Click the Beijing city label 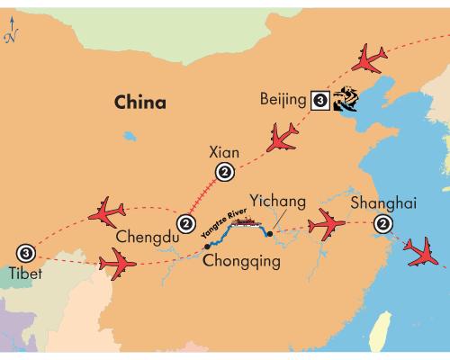click(283, 100)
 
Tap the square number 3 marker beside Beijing click(320, 100)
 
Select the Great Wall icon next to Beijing click(346, 99)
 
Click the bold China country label click(140, 102)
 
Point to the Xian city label click(224, 152)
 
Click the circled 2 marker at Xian click(225, 172)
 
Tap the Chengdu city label click(148, 237)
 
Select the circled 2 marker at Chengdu click(186, 224)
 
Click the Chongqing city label click(241, 261)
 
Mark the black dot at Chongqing click(207, 247)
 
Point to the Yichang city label click(278, 202)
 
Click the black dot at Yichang click(270, 234)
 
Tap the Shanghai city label click(383, 203)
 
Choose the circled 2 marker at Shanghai click(383, 223)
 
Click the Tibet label click(25, 274)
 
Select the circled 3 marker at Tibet click(26, 253)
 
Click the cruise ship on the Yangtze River click(246, 222)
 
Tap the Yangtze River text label click(224, 223)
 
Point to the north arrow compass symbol click(12, 30)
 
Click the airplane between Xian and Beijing click(281, 139)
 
